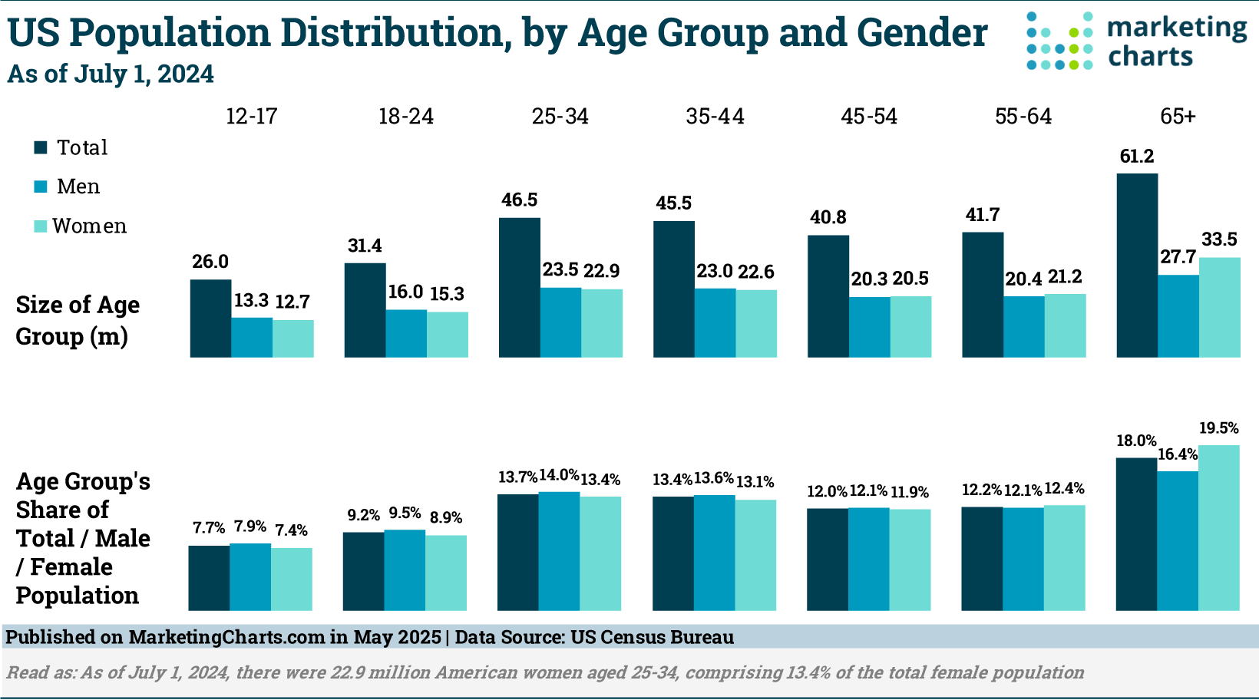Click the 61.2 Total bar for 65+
point(1137,265)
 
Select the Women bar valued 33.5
point(1219,307)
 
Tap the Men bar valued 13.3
point(252,337)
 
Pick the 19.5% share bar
point(1219,527)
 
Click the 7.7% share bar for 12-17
point(209,578)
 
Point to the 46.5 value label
point(520,200)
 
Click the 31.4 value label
point(365,246)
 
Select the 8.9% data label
point(446,518)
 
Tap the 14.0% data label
point(559,475)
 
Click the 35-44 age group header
point(715,117)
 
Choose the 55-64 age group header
point(1023,117)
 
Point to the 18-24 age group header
point(406,117)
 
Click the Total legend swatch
point(41,147)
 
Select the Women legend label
point(90,226)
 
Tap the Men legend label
point(78,187)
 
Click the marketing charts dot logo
point(1059,41)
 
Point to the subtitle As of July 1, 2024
point(111,74)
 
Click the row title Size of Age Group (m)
point(78,320)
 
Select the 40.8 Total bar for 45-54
point(828,296)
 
